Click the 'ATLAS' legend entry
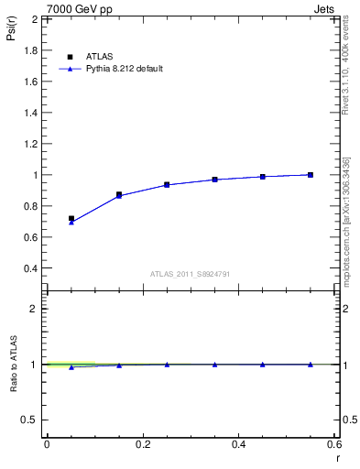100,55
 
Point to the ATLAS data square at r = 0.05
71,219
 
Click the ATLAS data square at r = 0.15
119,194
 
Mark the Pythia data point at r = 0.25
167,185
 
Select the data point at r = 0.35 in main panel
214,180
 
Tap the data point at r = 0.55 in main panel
311,174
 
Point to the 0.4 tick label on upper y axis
31,268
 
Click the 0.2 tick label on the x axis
142,444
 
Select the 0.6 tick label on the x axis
334,444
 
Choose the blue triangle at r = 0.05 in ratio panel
71,366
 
